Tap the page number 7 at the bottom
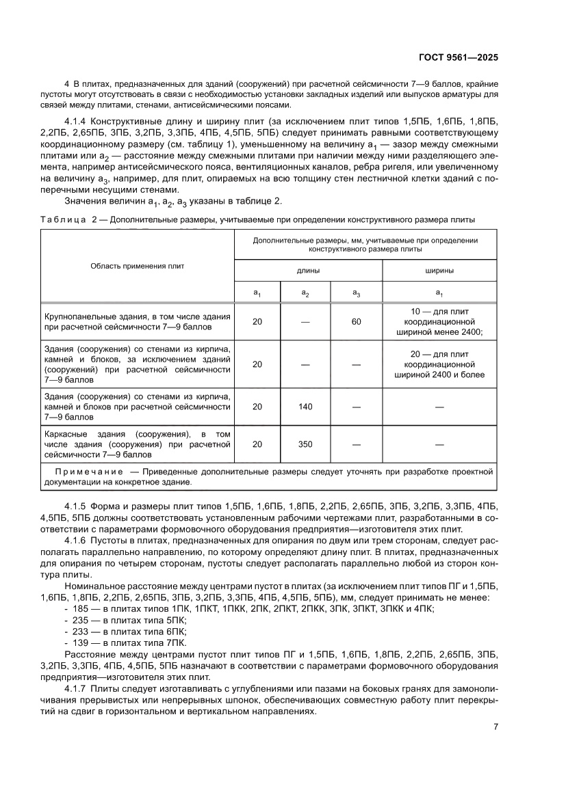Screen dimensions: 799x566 coord(496,727)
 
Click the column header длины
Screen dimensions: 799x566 coord(307,271)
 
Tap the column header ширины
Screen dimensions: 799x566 coord(439,271)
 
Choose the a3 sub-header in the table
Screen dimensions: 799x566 coord(356,293)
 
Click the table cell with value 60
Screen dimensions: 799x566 coord(356,321)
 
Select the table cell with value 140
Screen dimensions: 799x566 coord(305,407)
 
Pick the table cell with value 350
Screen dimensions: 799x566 coord(305,444)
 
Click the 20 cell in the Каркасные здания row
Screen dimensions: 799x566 coord(257,444)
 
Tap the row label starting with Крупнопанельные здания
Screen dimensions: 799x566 coord(137,322)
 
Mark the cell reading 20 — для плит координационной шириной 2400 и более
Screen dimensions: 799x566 coord(439,364)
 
